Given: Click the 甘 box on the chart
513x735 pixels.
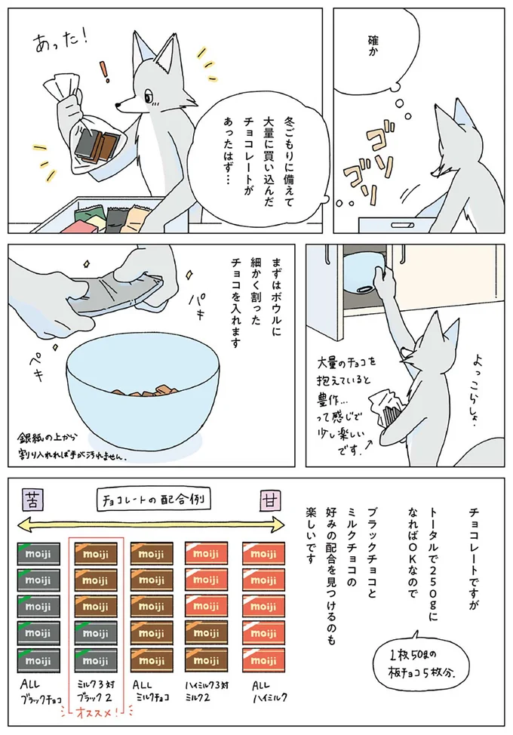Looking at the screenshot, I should click(268, 498).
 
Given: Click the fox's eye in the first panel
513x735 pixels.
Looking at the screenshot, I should click(149, 97).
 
